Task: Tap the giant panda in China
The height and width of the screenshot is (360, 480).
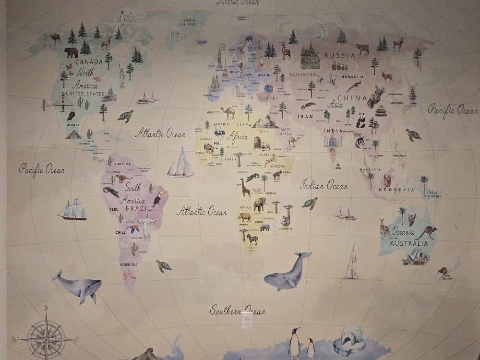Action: (360, 120)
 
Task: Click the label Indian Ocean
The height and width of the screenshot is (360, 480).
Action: (324, 185)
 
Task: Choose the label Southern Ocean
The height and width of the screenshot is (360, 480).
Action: (238, 311)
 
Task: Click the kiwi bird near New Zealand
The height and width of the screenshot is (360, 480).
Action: (442, 272)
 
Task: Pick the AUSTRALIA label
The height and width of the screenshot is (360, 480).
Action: (409, 243)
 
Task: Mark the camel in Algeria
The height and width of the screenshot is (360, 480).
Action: (227, 113)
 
